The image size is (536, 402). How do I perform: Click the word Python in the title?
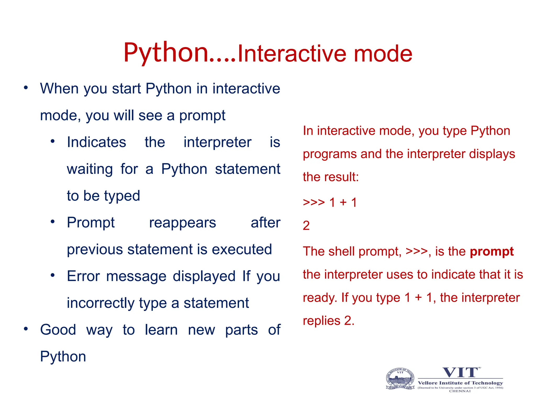coord(166,53)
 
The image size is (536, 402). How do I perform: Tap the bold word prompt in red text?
coord(492,252)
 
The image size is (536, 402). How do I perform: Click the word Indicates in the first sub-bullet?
coord(96,142)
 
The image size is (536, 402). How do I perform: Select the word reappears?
coord(182,223)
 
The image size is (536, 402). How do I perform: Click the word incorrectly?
coord(100,303)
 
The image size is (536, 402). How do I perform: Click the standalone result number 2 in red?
coord(306,226)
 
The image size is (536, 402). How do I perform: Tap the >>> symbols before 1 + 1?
coord(314,202)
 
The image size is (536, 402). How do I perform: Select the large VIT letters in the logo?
coord(460,372)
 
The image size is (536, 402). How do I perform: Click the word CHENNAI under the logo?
coord(460,391)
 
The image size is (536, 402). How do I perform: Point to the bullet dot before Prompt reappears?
coord(53,222)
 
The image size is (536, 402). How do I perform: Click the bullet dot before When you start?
coord(26,88)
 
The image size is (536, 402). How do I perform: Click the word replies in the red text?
coord(321,321)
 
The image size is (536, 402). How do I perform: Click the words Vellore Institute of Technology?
coord(460,383)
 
